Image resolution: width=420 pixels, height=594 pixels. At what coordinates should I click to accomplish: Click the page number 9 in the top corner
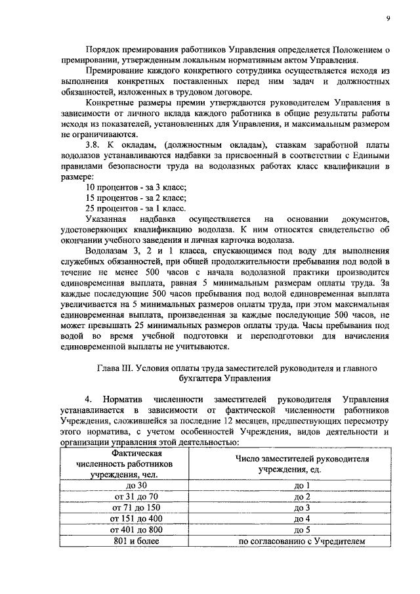coord(388,18)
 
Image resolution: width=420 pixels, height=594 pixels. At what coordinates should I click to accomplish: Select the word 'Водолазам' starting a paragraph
coord(108,250)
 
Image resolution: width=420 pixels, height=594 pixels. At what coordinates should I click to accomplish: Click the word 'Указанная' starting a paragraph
coord(108,218)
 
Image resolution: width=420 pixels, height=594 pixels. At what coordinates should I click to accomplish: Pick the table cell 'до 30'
coord(136,486)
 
